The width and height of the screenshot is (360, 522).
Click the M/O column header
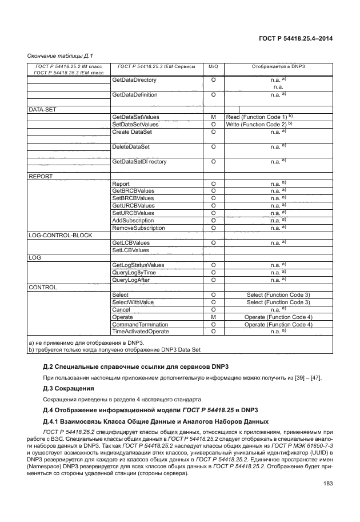[x=213, y=67]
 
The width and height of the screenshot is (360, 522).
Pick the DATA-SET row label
[x=42, y=109]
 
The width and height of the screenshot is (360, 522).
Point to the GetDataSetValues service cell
[x=135, y=117]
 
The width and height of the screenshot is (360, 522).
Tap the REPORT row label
[x=41, y=177]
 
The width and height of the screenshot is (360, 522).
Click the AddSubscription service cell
[x=133, y=220]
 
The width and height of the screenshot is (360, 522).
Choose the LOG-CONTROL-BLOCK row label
[x=61, y=235]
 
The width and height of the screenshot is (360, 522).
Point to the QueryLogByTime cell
[x=134, y=273]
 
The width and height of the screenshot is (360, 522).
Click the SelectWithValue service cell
[x=133, y=302]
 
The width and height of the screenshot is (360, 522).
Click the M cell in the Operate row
[x=213, y=317]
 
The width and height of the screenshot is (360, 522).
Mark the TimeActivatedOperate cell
[x=141, y=332]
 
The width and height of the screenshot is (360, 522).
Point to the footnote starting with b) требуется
[x=114, y=349]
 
